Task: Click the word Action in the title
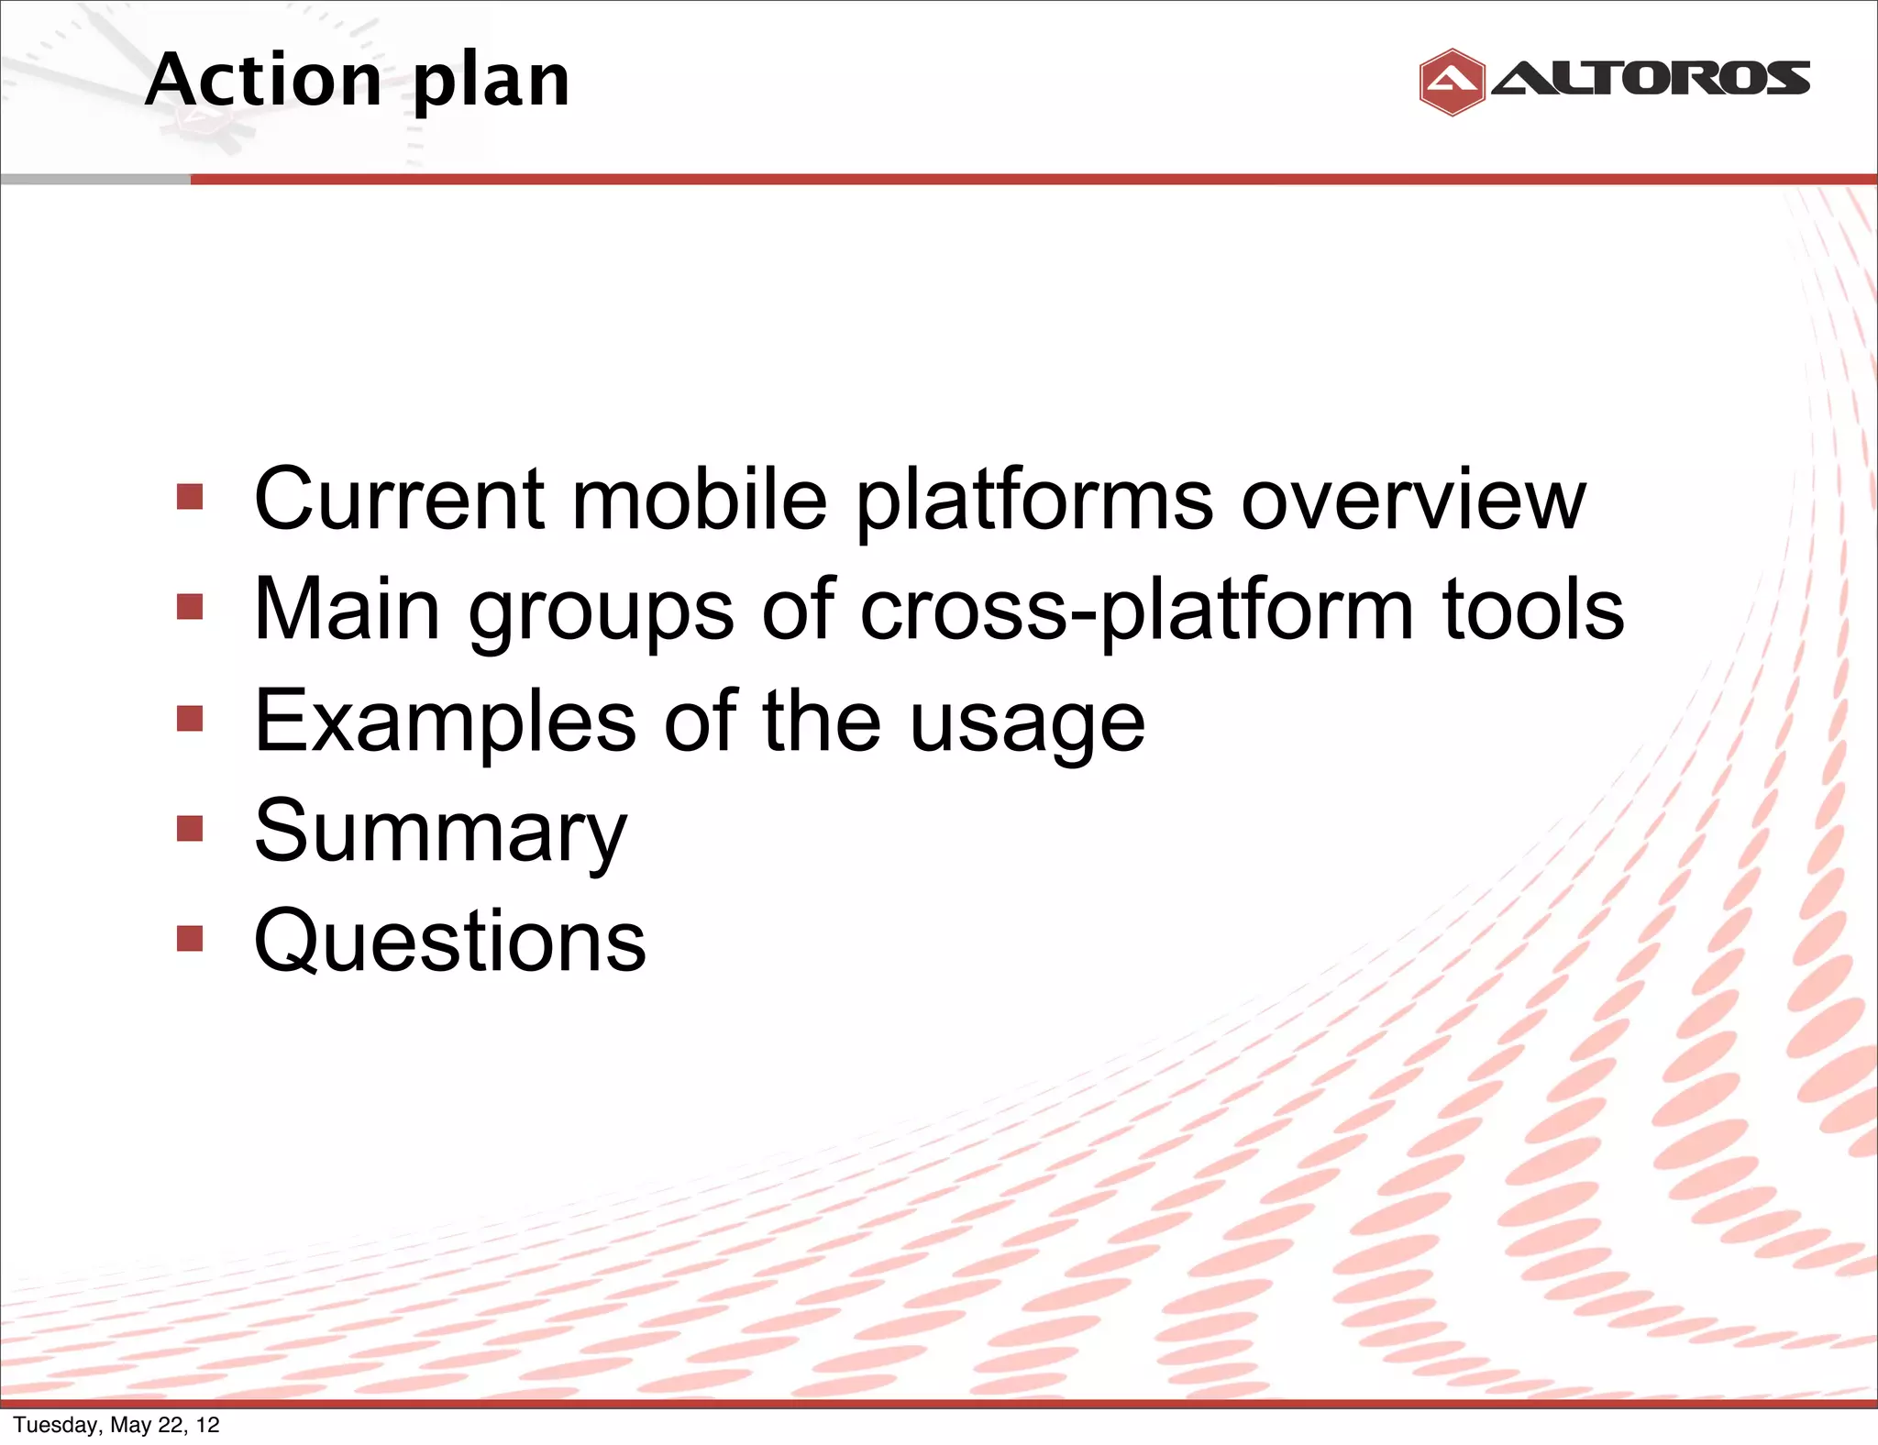(264, 81)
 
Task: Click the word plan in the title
(491, 84)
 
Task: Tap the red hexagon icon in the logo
(1451, 83)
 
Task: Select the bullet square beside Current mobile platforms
(190, 497)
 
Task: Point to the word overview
(1412, 501)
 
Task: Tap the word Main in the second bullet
(347, 610)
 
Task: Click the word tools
(1533, 610)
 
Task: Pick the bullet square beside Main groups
(190, 607)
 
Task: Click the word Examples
(445, 722)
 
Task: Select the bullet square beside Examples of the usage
(190, 718)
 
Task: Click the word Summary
(440, 833)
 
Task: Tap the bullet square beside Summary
(190, 829)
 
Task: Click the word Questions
(449, 942)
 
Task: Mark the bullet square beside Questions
(190, 939)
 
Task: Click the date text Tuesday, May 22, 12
(116, 1425)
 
